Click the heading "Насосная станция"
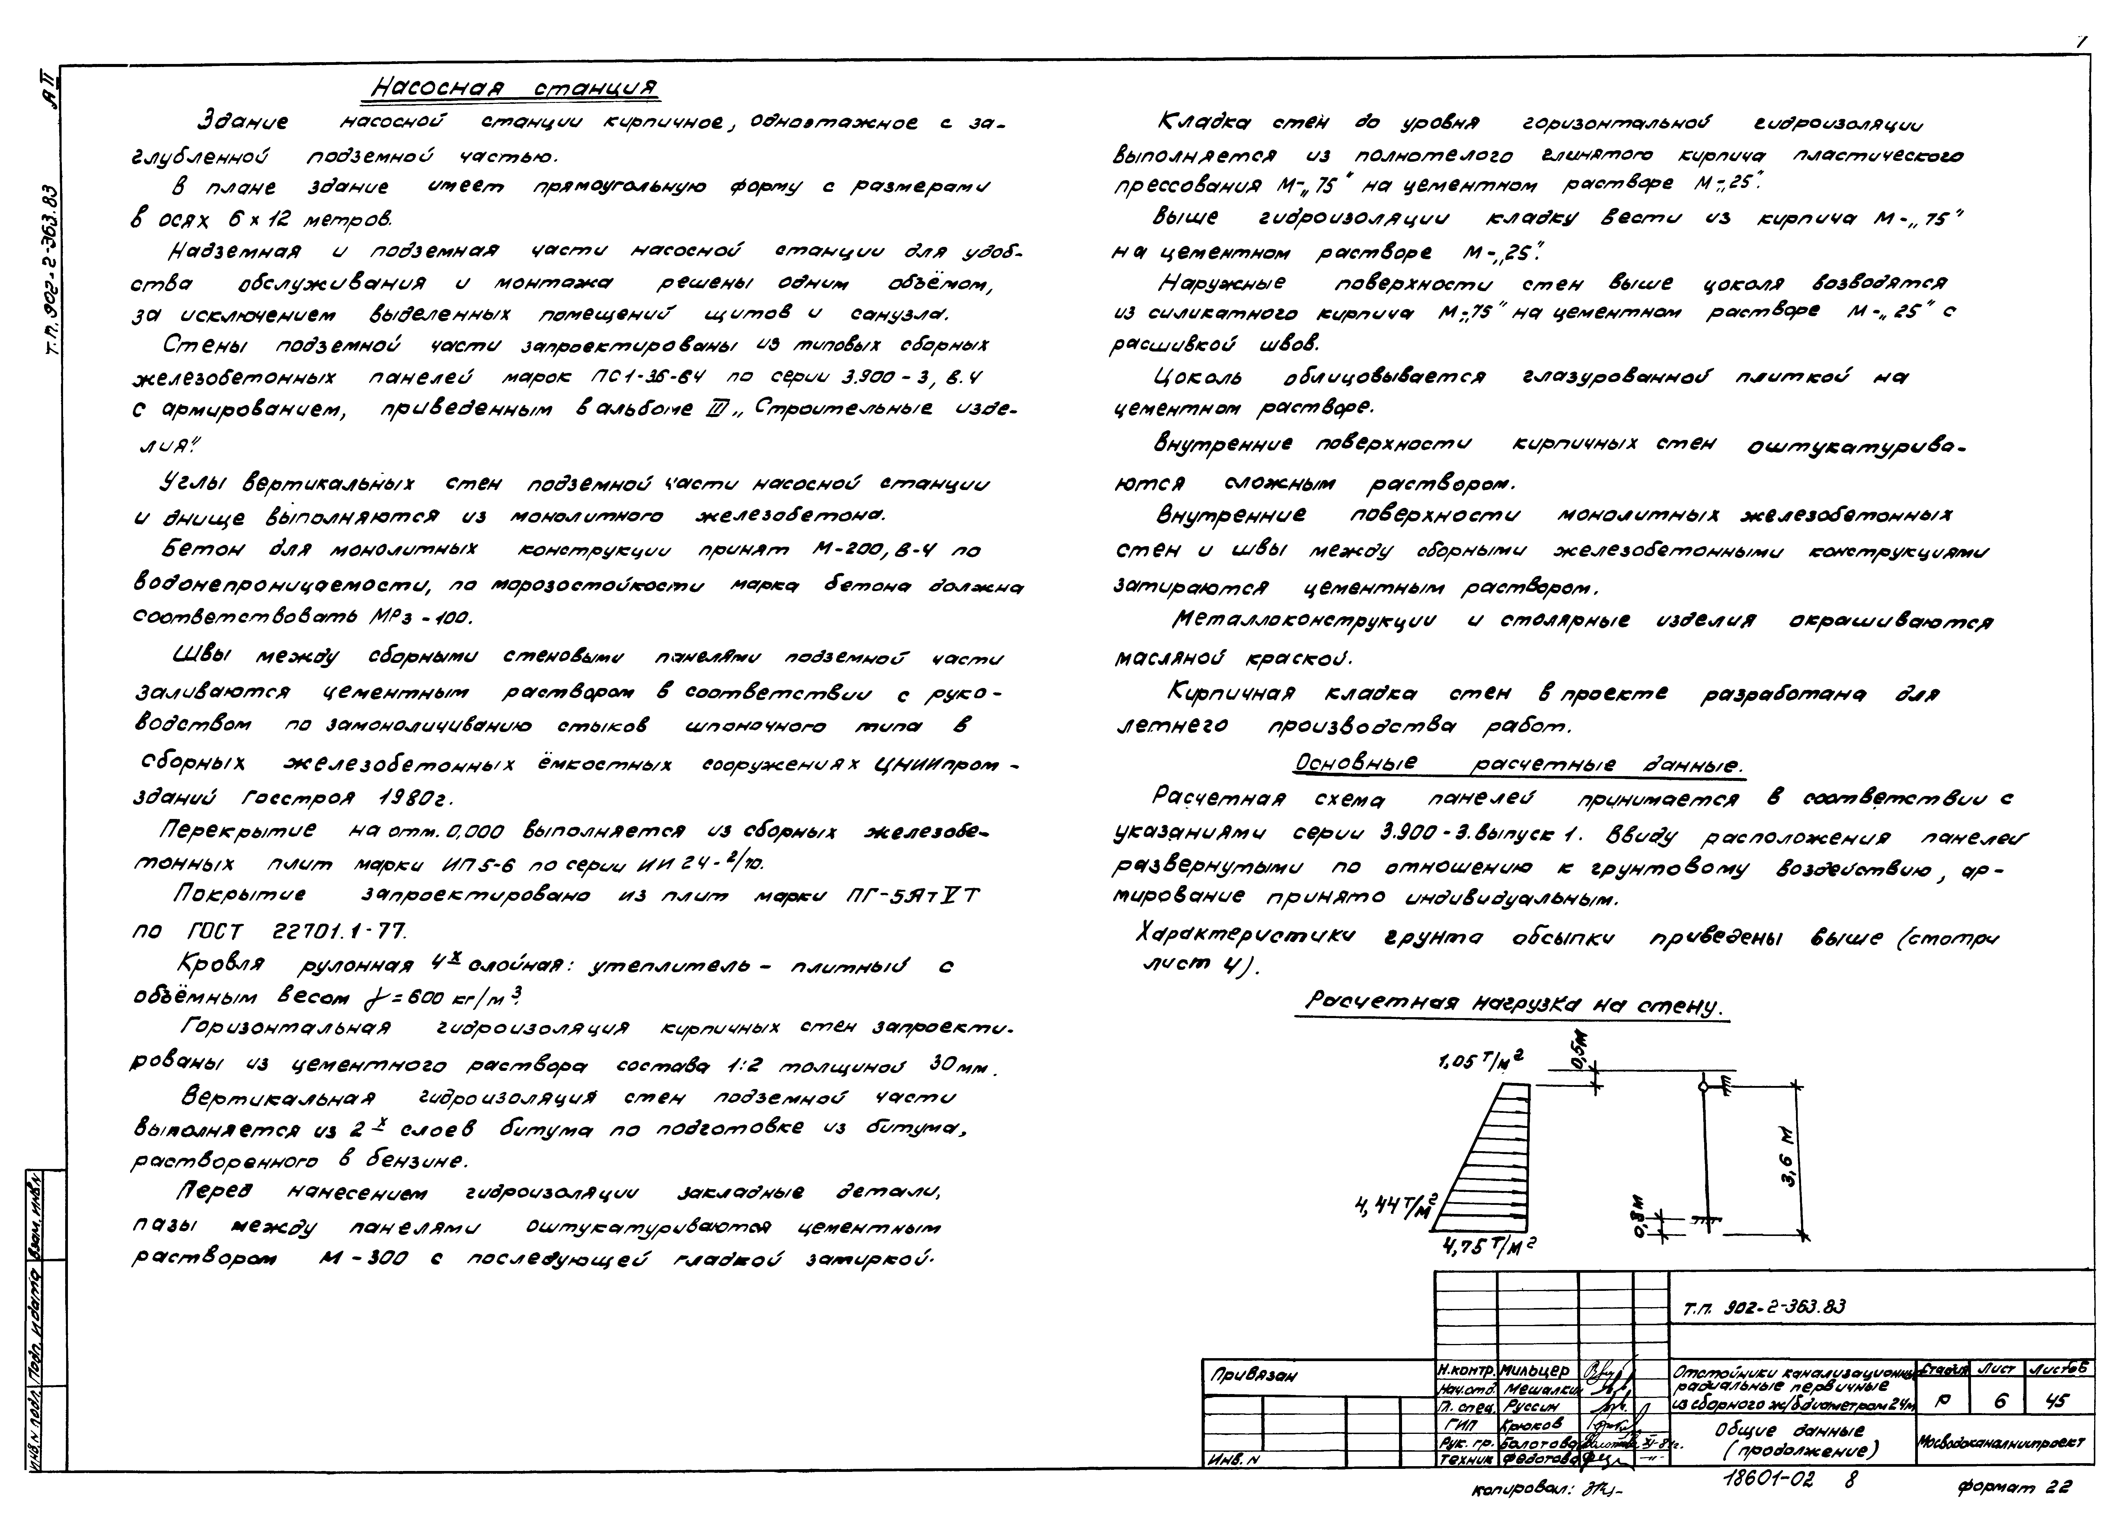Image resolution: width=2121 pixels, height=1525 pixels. pyautogui.click(x=514, y=89)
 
